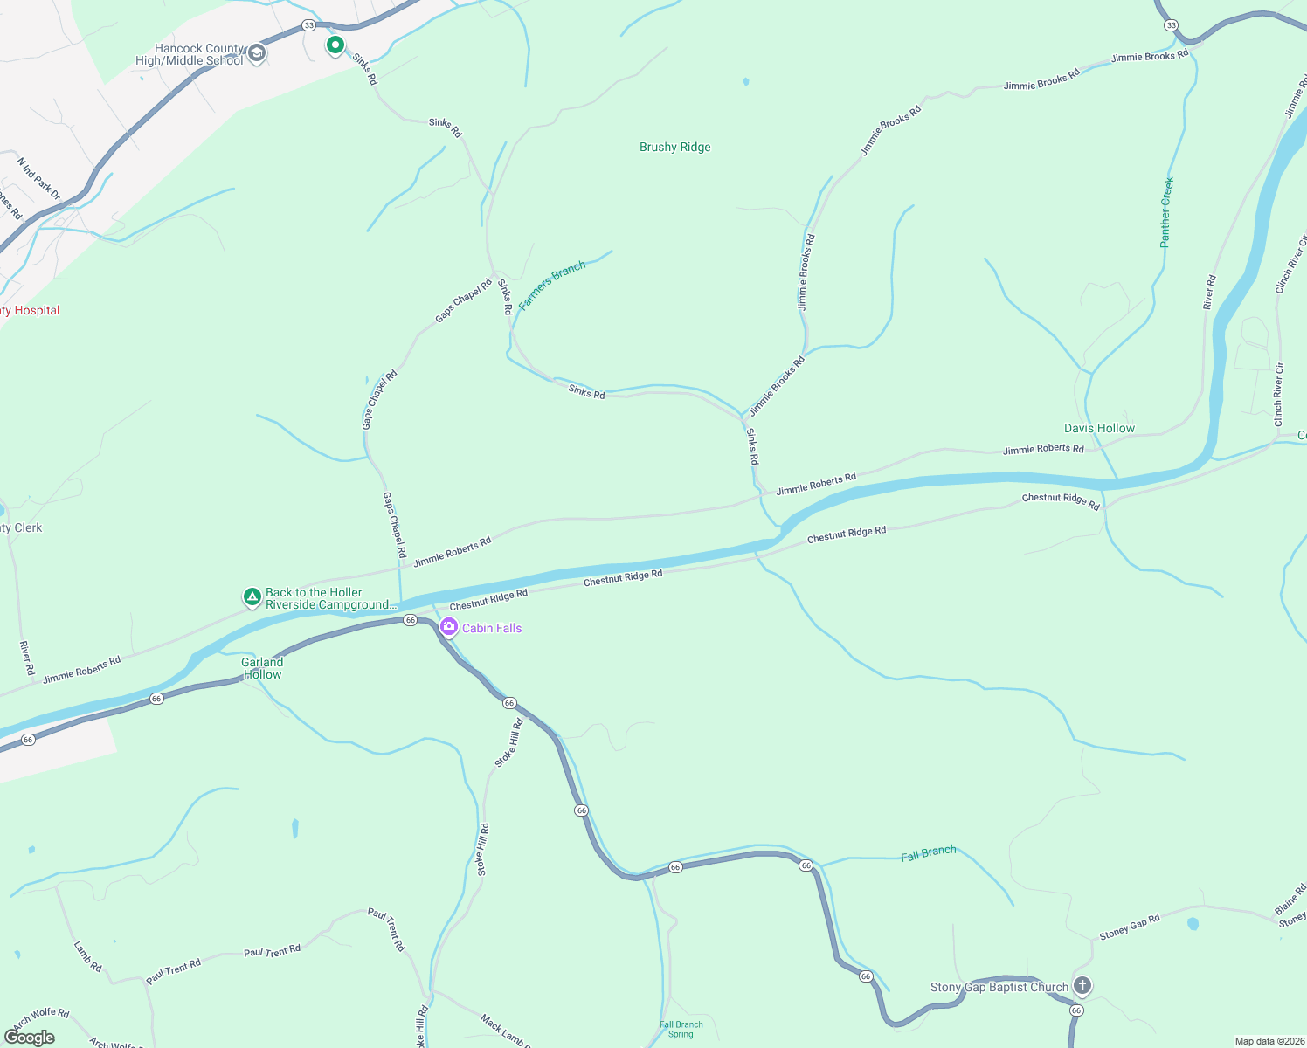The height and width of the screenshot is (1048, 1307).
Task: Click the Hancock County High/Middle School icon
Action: pos(257,54)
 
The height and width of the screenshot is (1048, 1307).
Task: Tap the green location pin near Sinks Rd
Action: pos(335,45)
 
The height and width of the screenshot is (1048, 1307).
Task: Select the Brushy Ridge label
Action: pos(674,148)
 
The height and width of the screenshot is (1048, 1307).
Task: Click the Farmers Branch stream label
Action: pos(551,286)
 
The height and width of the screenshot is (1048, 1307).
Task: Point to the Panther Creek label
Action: pos(1166,212)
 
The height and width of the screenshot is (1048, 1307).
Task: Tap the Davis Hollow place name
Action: pos(1099,428)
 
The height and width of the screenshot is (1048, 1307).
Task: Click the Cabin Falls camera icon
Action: pos(449,627)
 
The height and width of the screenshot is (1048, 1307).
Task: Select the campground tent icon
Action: pos(252,597)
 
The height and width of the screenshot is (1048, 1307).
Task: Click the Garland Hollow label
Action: pos(262,668)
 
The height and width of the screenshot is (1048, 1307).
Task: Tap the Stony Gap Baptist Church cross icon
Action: pos(1082,987)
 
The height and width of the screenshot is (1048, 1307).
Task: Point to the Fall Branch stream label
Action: pos(928,853)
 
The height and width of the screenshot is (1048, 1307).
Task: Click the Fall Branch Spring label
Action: pos(681,1030)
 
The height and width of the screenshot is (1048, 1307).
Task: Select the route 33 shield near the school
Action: pos(308,25)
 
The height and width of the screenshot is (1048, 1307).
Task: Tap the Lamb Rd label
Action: pos(87,957)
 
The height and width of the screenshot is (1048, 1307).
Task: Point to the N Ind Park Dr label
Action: pos(38,178)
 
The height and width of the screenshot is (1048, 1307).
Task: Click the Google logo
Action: pos(30,1037)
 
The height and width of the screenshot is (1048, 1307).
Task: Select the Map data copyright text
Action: pos(1266,1041)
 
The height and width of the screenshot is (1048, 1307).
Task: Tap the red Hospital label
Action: pos(30,311)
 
